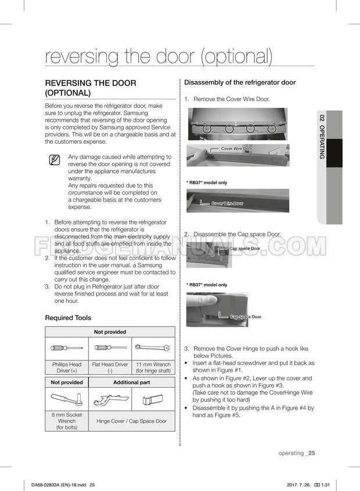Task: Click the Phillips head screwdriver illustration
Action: tap(66, 348)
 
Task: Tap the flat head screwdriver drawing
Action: tap(110, 348)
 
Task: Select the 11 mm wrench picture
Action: tap(153, 348)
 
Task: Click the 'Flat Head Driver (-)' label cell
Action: tap(110, 367)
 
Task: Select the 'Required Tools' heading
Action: tap(68, 318)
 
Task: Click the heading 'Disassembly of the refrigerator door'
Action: tap(240, 82)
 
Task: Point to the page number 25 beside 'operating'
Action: tap(312, 453)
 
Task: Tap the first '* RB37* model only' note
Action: tap(207, 183)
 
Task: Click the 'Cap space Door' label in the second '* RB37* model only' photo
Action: tap(246, 317)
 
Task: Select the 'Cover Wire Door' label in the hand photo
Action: tap(236, 149)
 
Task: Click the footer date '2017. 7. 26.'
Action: tap(300, 485)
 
